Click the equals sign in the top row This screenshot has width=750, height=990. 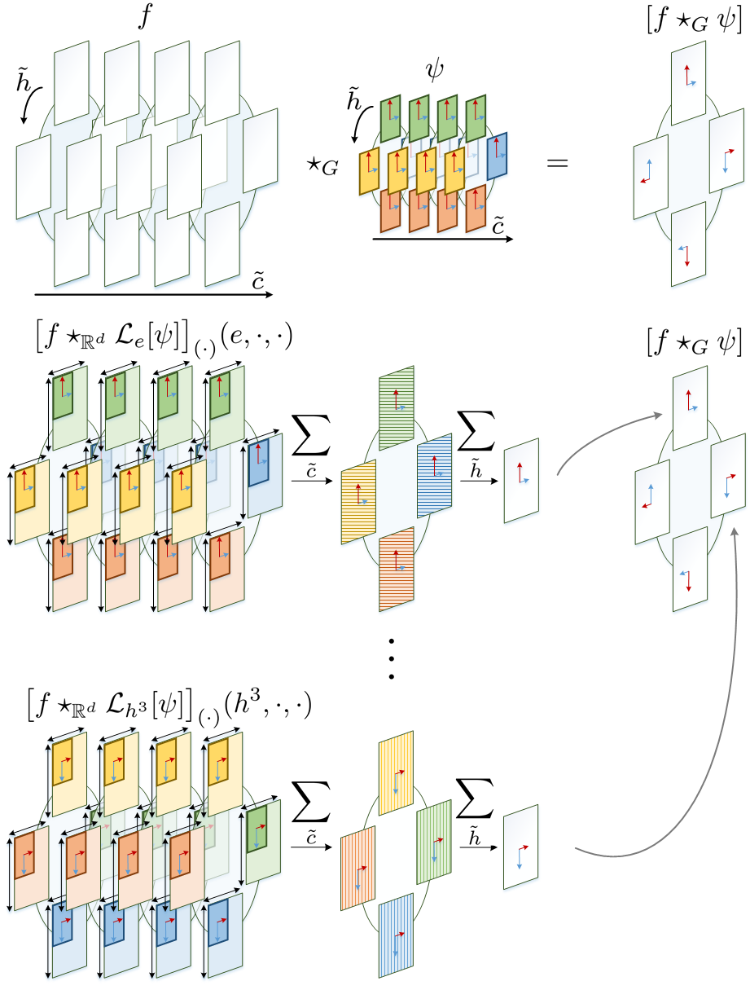point(557,163)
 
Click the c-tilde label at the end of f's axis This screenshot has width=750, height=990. point(258,282)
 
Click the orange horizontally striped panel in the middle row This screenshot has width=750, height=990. point(397,560)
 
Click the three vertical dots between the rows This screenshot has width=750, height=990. point(392,658)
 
